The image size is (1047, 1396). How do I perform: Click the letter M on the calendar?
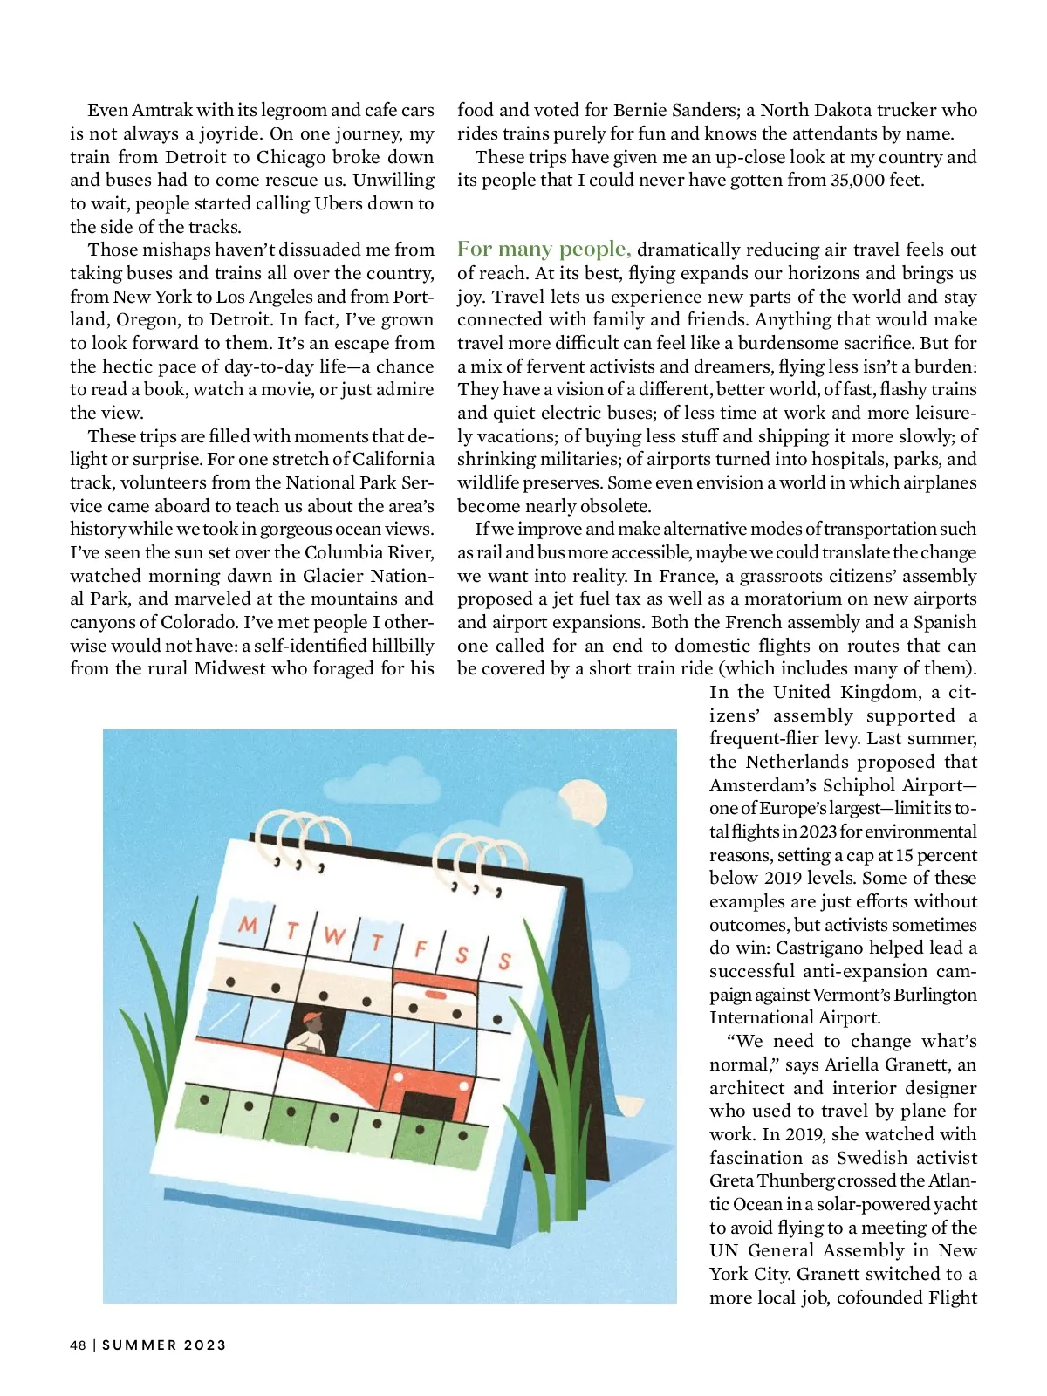[248, 924]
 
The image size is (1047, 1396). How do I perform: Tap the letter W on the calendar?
[333, 936]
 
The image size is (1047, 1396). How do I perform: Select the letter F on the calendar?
[421, 948]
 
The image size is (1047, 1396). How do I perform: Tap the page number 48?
[79, 1345]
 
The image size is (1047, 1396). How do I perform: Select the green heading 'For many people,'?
[544, 249]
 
